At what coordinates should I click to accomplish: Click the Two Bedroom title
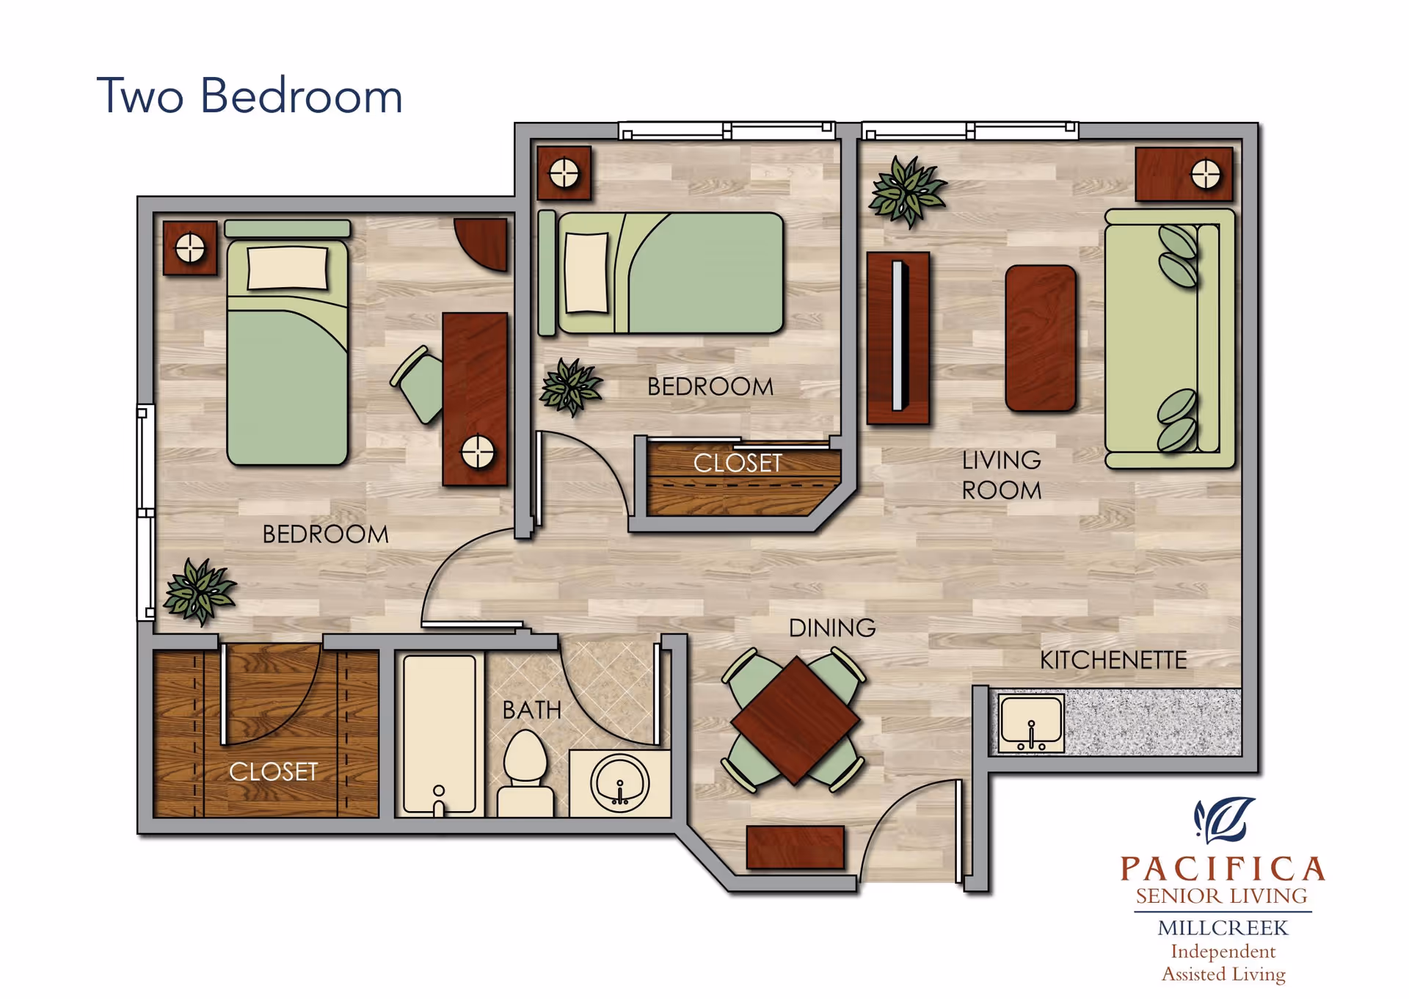[x=250, y=95]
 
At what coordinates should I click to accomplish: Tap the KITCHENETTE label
[x=1113, y=660]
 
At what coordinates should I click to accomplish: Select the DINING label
[x=832, y=628]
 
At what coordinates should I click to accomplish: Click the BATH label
[x=531, y=710]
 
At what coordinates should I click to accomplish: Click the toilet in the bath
[x=525, y=774]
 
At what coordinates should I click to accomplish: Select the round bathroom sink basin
[x=620, y=782]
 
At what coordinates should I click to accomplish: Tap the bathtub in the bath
[x=440, y=735]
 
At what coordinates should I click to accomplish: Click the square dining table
[x=795, y=720]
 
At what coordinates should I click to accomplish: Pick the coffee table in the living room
[x=1041, y=338]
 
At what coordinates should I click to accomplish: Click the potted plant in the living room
[x=907, y=191]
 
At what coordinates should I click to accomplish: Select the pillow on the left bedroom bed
[x=288, y=268]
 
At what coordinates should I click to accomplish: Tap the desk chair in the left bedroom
[x=418, y=385]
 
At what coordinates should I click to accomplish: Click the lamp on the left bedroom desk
[x=478, y=452]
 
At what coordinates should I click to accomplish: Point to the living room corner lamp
[x=1206, y=175]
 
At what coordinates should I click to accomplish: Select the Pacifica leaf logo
[x=1223, y=820]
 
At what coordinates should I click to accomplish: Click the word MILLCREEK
[x=1223, y=928]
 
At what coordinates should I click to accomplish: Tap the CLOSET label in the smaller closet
[x=738, y=463]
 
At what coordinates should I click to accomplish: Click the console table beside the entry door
[x=795, y=847]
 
